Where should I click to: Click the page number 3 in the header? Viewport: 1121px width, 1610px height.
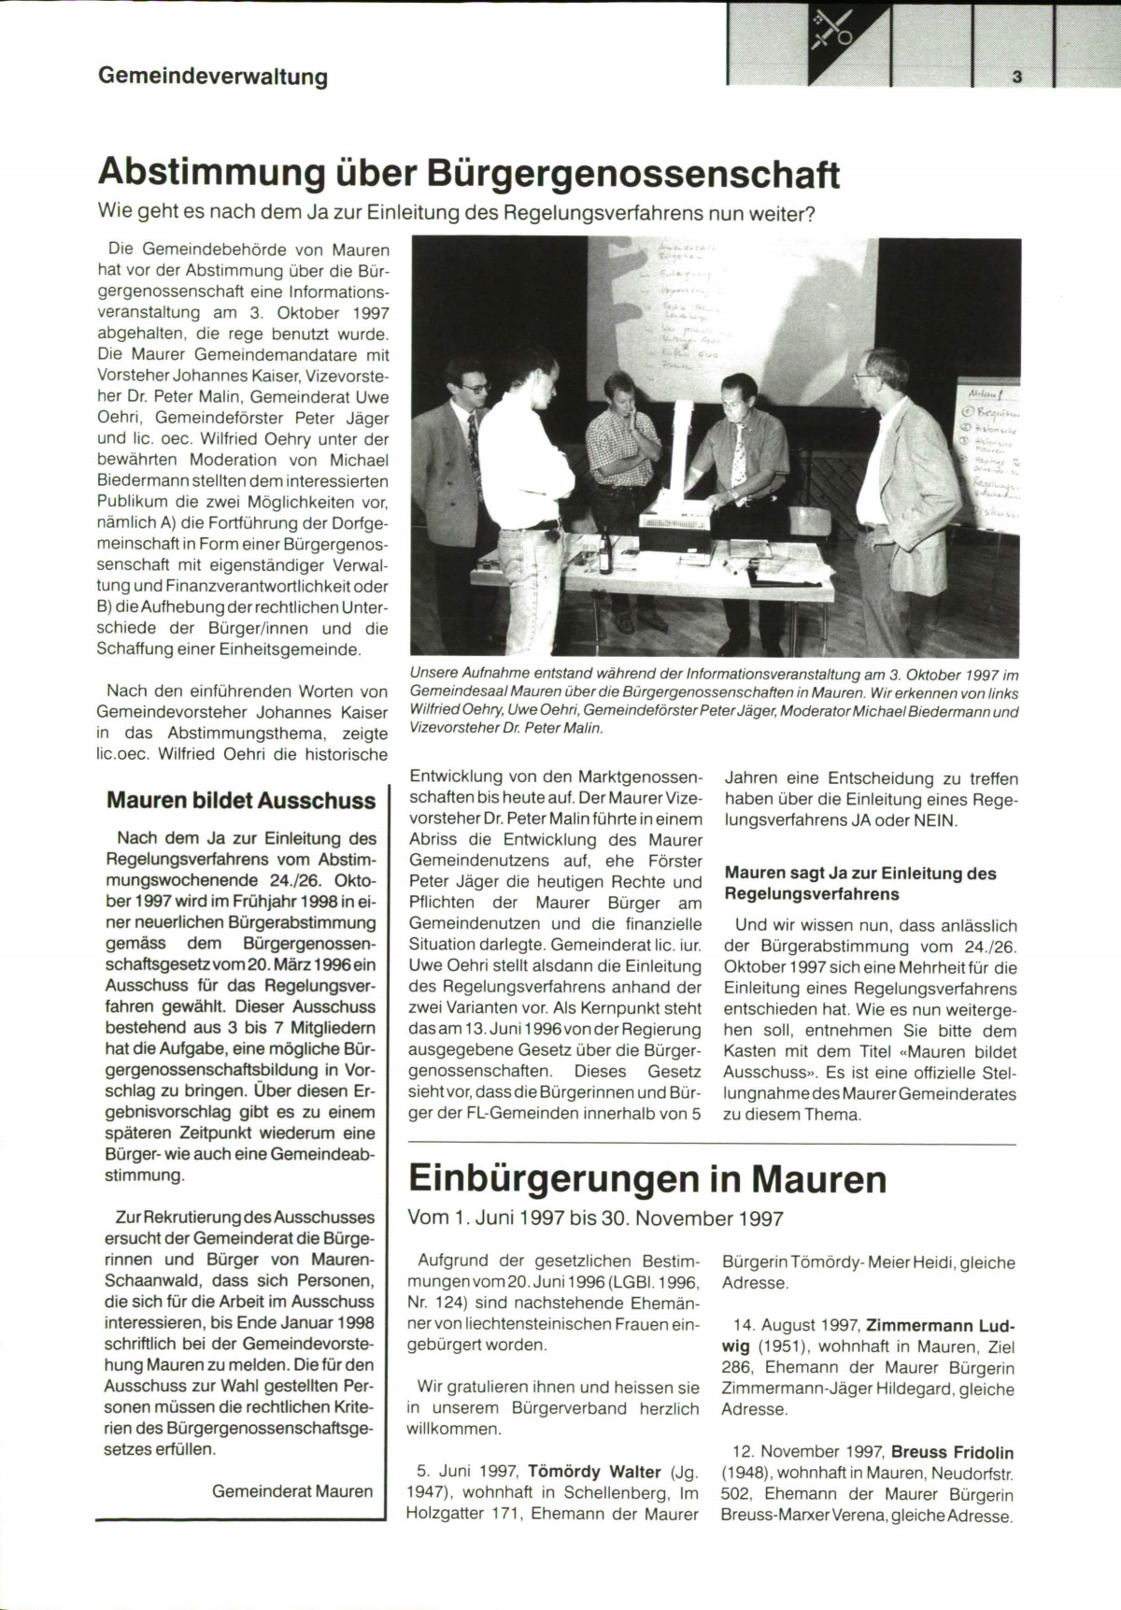click(1016, 78)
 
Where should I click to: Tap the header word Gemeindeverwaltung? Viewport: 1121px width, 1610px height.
click(213, 77)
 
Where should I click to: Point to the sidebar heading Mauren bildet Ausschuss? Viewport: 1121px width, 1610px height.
click(241, 801)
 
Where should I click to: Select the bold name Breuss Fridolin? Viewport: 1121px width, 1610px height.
click(952, 1452)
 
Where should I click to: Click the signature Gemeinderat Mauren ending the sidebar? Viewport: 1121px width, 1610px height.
click(292, 1491)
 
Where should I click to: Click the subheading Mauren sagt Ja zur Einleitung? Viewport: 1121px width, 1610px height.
click(860, 874)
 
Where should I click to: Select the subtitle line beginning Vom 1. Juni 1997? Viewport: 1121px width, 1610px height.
click(596, 1218)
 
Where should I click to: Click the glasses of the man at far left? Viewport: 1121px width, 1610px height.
click(475, 385)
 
